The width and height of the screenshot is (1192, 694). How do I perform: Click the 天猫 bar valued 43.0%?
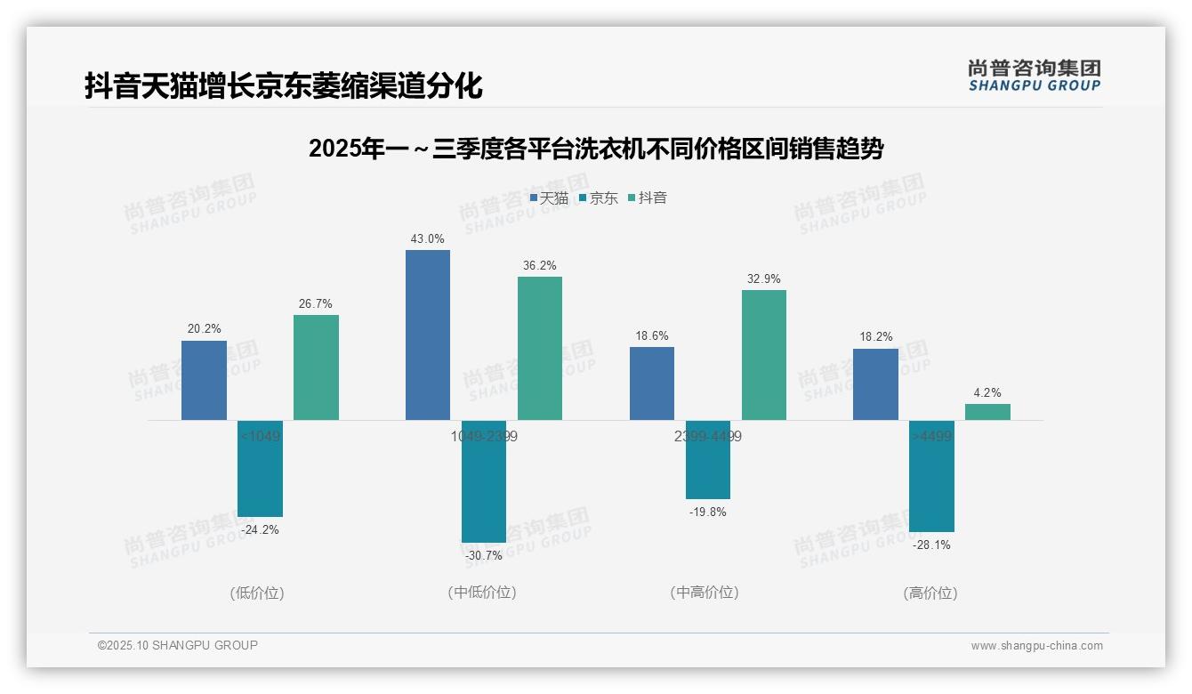tap(428, 335)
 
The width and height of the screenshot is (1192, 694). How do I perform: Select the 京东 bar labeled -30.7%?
tap(484, 481)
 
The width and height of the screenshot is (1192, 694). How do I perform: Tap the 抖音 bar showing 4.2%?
tap(987, 412)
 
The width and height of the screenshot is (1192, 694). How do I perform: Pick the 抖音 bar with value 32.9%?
tap(764, 355)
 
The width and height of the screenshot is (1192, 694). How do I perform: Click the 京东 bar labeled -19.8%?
tap(708, 459)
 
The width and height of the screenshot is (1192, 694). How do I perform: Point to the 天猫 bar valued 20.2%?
tap(204, 380)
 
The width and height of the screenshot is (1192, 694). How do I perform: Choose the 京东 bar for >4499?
tap(931, 476)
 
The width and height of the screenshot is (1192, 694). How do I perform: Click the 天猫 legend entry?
tap(549, 198)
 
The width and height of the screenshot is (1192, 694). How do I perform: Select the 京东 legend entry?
tap(598, 198)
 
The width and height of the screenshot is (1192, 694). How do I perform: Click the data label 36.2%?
tap(540, 265)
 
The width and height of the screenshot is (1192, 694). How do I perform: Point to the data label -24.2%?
tap(260, 529)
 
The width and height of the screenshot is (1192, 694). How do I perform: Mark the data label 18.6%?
tap(652, 335)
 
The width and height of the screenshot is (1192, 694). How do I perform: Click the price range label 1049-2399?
tap(484, 436)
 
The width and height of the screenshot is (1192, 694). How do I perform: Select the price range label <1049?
tap(260, 436)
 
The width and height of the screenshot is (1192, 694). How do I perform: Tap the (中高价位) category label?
tap(705, 593)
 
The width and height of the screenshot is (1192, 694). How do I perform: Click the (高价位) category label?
tap(930, 593)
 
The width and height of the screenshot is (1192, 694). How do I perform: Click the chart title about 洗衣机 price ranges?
tap(596, 149)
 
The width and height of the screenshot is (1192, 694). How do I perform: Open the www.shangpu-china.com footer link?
tap(1036, 646)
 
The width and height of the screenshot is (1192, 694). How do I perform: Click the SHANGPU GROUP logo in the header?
tap(1034, 76)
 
